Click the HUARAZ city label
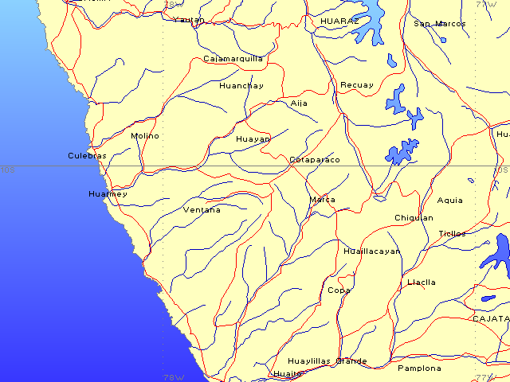click(x=339, y=20)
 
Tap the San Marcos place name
click(x=439, y=24)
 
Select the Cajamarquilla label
click(x=233, y=59)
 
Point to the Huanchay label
click(x=241, y=86)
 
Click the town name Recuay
click(x=356, y=85)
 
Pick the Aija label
click(x=299, y=103)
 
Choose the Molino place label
click(x=145, y=136)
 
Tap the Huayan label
click(x=253, y=138)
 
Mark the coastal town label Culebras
click(x=87, y=156)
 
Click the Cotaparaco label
click(x=314, y=160)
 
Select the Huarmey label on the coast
click(x=108, y=194)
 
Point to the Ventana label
click(x=202, y=210)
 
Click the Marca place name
click(x=322, y=200)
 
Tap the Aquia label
click(x=449, y=201)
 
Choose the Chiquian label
click(x=414, y=218)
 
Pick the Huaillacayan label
click(x=371, y=251)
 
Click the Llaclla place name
click(x=421, y=283)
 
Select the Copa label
click(x=339, y=290)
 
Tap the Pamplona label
click(x=419, y=368)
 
